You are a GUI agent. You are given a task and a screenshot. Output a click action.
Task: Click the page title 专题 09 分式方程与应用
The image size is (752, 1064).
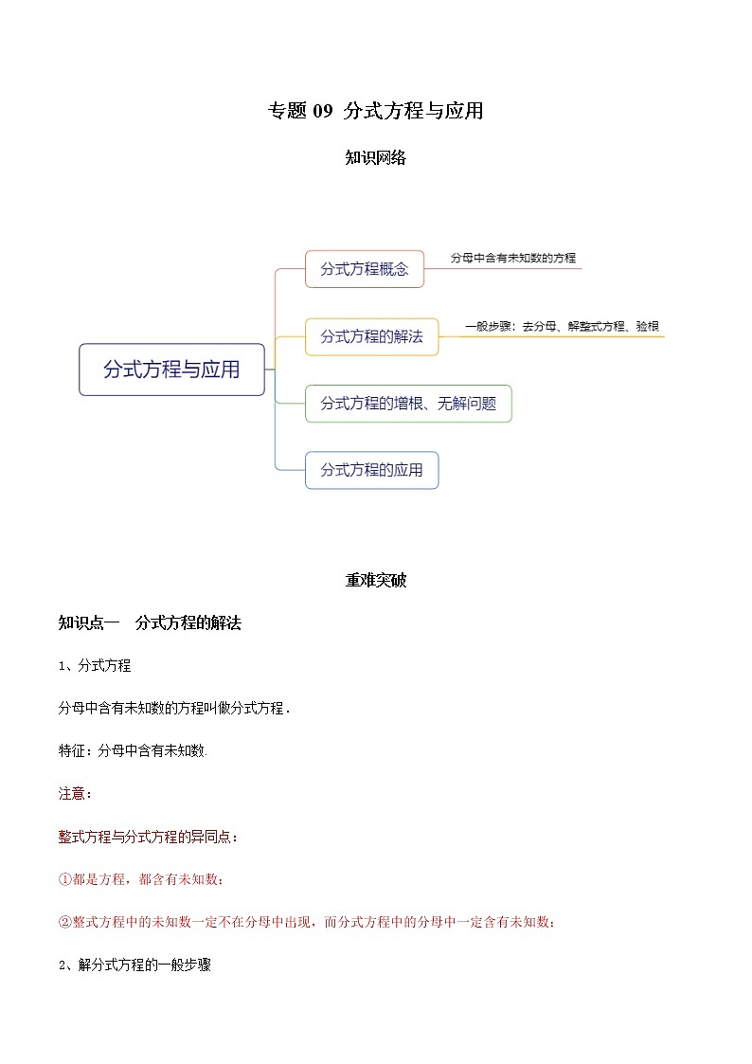(x=376, y=111)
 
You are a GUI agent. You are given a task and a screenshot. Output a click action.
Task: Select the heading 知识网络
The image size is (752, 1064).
(x=376, y=158)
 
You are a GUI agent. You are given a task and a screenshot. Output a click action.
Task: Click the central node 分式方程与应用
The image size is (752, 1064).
(x=171, y=370)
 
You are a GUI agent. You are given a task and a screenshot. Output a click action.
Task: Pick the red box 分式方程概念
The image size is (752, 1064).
(x=365, y=269)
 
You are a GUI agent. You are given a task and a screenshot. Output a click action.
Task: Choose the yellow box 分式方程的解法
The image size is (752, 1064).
(x=371, y=336)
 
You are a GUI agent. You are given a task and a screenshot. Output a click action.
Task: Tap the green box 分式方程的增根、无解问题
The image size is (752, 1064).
(x=408, y=404)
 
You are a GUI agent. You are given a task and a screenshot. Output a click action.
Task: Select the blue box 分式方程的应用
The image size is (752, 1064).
(x=371, y=470)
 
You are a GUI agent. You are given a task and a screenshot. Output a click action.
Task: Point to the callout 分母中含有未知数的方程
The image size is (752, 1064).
(x=512, y=258)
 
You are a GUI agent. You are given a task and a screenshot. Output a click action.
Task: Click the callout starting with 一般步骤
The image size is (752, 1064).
(x=562, y=326)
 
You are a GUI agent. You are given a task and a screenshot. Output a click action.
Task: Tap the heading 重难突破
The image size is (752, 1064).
(x=376, y=580)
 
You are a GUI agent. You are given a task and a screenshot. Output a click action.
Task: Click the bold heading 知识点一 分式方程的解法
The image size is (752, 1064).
(x=150, y=622)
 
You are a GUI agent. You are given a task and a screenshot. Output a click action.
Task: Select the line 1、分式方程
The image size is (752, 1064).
(x=95, y=665)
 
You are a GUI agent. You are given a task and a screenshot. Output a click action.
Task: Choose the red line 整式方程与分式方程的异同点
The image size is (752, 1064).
(x=149, y=837)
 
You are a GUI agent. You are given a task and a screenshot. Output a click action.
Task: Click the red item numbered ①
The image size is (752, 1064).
(x=141, y=879)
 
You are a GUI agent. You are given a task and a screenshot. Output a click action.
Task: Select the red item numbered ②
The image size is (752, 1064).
(x=307, y=922)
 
